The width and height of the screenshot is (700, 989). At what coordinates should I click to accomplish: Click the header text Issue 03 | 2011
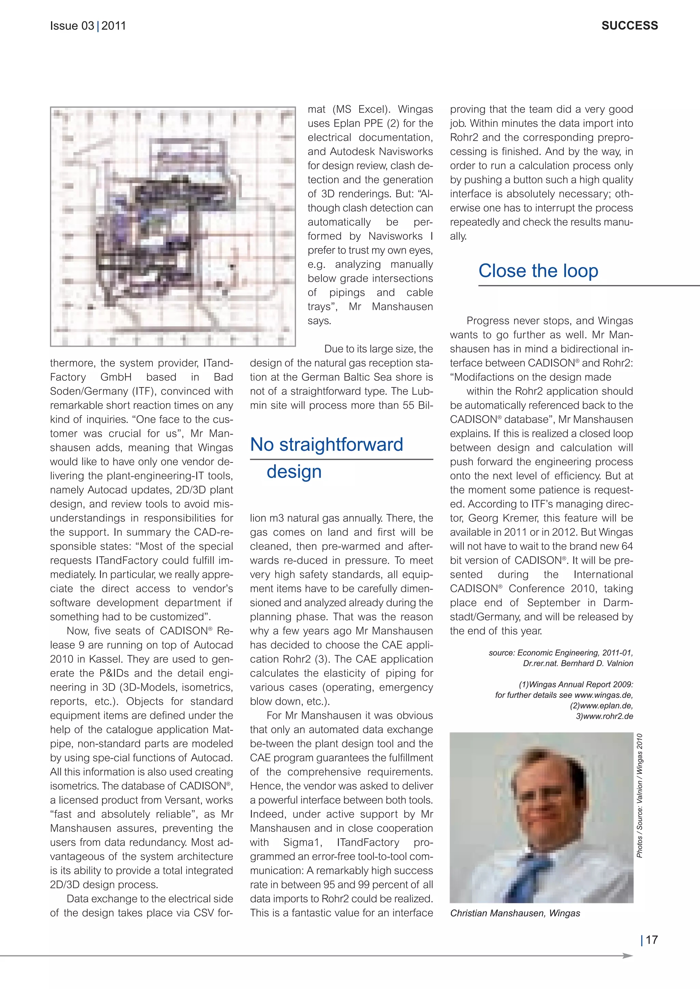click(88, 26)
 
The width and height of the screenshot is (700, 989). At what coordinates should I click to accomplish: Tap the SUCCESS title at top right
click(629, 26)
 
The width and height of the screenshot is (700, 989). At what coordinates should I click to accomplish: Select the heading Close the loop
click(538, 271)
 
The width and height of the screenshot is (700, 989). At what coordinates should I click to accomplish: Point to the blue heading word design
click(294, 472)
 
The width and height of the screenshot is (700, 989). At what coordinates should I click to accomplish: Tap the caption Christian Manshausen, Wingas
click(515, 913)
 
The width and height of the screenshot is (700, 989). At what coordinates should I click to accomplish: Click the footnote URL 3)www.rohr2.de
click(604, 716)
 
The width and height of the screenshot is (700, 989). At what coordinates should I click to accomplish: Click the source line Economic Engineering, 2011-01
click(560, 653)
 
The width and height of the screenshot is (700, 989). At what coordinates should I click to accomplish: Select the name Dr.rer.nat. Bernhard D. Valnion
click(578, 663)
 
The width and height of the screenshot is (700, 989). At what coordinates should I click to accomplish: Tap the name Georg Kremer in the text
click(499, 518)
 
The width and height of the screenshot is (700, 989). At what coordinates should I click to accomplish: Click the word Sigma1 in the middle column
click(302, 842)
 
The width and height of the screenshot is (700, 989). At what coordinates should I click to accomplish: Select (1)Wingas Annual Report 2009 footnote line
click(576, 684)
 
